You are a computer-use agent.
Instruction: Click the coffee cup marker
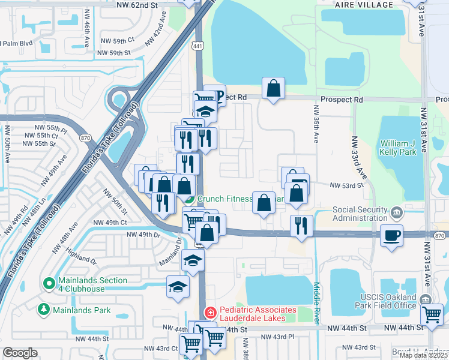click(x=391, y=235)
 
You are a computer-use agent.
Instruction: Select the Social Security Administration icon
click(x=396, y=213)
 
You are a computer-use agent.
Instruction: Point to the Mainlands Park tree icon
click(x=43, y=310)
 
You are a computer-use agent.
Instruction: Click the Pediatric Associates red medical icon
click(x=210, y=312)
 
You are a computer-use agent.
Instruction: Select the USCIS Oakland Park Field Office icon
click(x=425, y=300)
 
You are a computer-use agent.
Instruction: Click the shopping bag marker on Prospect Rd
click(x=273, y=89)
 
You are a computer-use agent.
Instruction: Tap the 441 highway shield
click(x=197, y=45)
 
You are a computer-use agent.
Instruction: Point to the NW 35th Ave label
click(x=315, y=124)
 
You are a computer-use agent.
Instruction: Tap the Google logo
click(x=20, y=353)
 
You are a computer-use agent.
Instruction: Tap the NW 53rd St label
click(x=346, y=185)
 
